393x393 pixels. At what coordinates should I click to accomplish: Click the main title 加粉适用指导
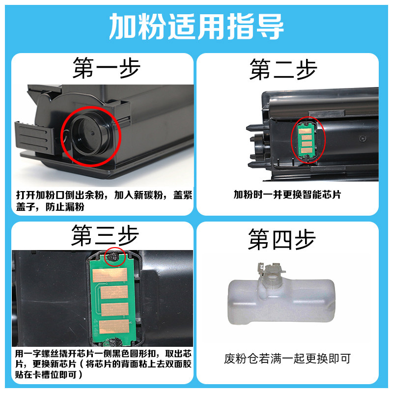click(x=196, y=27)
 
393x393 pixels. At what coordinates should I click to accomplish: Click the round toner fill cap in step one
click(x=89, y=136)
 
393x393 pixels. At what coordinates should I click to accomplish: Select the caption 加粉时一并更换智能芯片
click(x=287, y=195)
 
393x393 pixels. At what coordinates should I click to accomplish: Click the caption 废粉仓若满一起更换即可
click(x=287, y=359)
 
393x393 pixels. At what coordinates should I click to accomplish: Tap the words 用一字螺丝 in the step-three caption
click(x=36, y=353)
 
